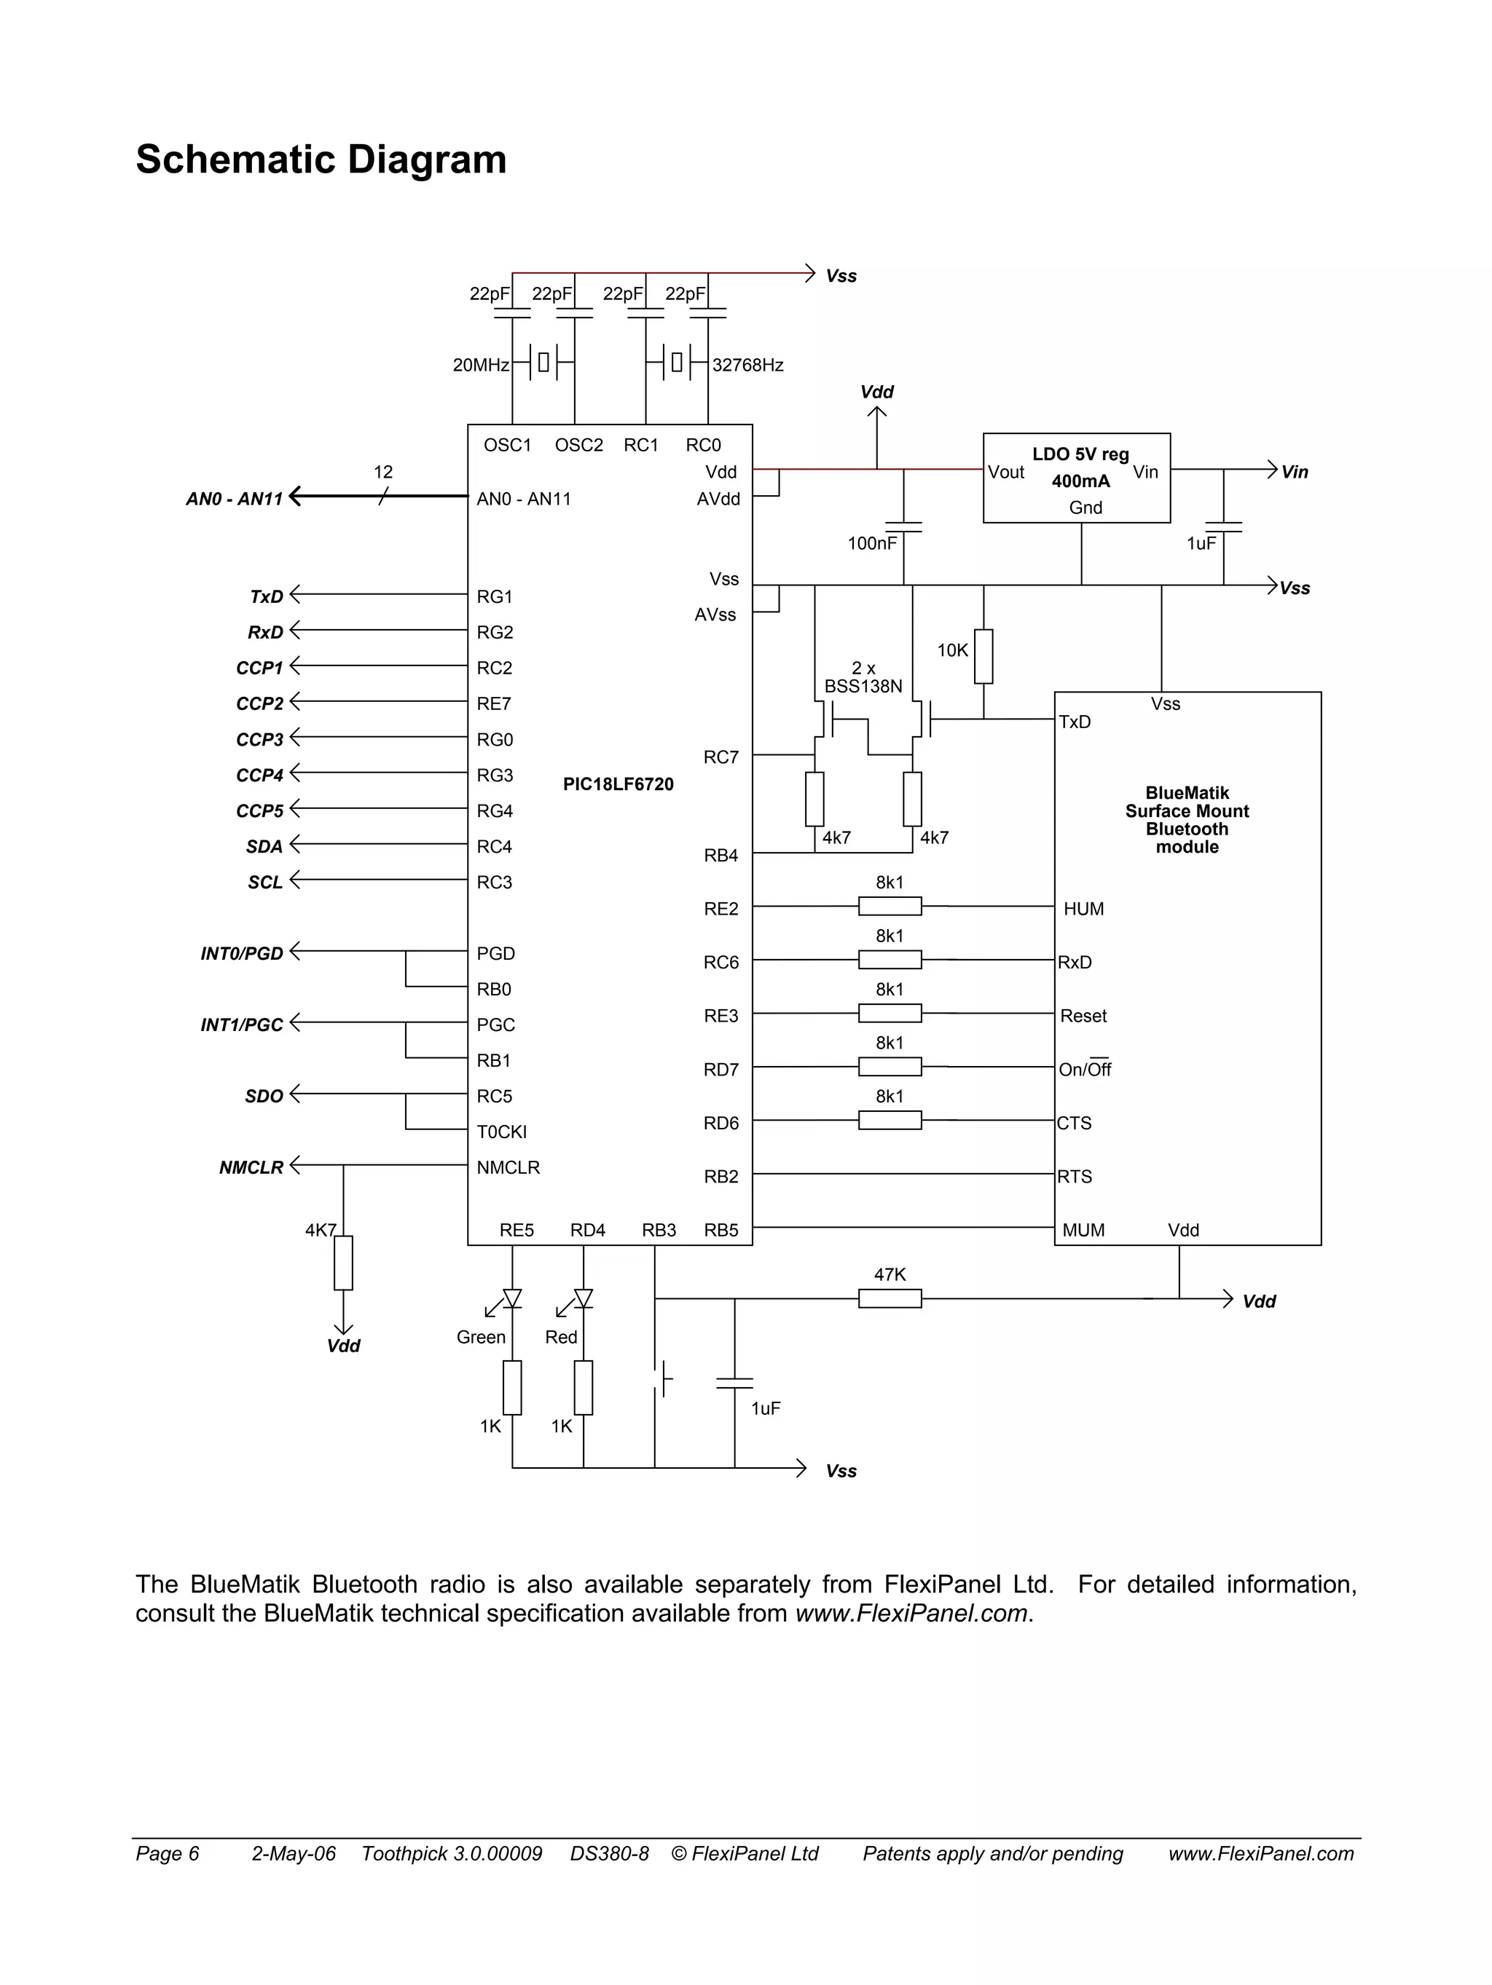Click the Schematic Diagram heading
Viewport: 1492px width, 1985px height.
coord(321,159)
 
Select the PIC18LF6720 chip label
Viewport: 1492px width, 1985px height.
coord(618,784)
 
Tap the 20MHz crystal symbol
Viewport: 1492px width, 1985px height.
coord(543,363)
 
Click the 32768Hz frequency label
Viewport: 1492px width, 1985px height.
coord(747,366)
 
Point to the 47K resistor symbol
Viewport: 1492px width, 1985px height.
coord(889,1298)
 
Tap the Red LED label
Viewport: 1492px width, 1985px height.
coord(561,1337)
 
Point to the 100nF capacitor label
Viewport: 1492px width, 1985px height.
coord(872,543)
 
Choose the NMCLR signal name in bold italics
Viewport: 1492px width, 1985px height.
coord(251,1167)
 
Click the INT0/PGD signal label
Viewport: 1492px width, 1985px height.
coord(241,953)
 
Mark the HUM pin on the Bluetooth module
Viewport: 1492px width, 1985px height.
coord(1083,909)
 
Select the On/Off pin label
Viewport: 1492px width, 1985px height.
coord(1085,1070)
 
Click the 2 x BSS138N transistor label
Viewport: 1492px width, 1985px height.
coord(863,677)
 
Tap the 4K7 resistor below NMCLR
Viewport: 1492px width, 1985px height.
coord(343,1263)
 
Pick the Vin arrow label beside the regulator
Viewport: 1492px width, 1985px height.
coord(1294,472)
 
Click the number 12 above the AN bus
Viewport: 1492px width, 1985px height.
coord(382,472)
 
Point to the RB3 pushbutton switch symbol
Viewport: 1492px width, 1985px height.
coord(662,1378)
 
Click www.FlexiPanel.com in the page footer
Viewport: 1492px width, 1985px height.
coord(1260,1853)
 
